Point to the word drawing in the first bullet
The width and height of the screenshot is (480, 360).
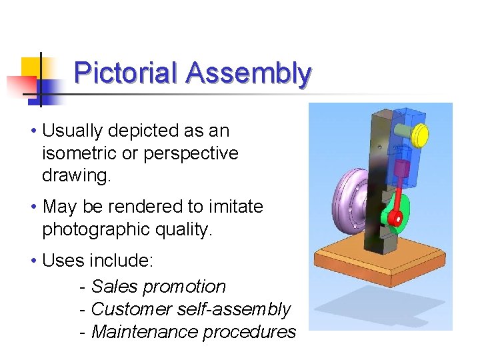[75, 176]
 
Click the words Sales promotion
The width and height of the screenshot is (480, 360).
[159, 287]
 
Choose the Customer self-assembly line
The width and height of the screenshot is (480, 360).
[191, 309]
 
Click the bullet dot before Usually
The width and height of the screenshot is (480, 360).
[34, 131]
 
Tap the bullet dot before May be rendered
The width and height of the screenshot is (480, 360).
[34, 207]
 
